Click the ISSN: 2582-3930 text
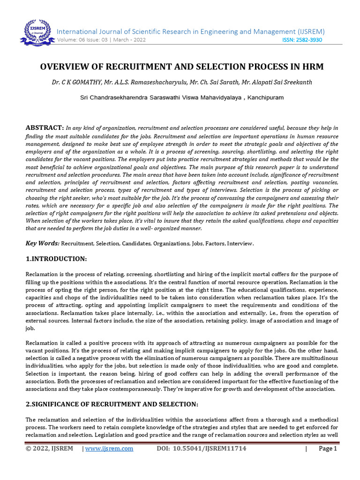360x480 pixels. [302, 40]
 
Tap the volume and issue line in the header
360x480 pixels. [101, 40]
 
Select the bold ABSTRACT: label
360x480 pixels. [45, 127]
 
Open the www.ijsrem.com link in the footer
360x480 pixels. [109, 449]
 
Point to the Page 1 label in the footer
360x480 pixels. [328, 449]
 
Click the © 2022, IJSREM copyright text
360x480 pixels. [49, 449]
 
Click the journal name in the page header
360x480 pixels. [191, 31]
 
